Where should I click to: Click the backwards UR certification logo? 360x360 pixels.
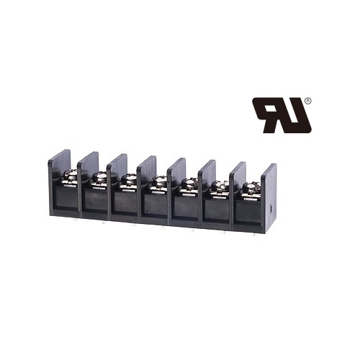pyautogui.click(x=282, y=115)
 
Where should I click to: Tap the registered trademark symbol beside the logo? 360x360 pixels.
pyautogui.click(x=309, y=101)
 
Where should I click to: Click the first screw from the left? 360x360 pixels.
pyautogui.click(x=71, y=178)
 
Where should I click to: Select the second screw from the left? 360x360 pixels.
pyautogui.click(x=99, y=179)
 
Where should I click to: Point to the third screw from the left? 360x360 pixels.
pyautogui.click(x=128, y=182)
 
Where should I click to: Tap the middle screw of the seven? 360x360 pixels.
pyautogui.click(x=158, y=184)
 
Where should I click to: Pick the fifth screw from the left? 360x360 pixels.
pyautogui.click(x=189, y=186)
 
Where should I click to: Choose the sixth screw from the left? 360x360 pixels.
pyautogui.click(x=220, y=188)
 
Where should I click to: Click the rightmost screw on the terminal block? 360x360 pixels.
pyautogui.click(x=251, y=189)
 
